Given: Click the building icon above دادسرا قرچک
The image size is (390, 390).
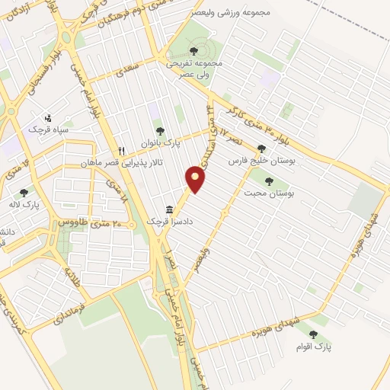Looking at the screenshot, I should pyautogui.click(x=170, y=209).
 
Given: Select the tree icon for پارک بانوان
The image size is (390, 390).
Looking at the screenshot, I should pyautogui.click(x=159, y=131).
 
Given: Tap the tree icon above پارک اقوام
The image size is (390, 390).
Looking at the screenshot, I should pyautogui.click(x=313, y=334).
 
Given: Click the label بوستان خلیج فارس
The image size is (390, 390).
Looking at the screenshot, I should pyautogui.click(x=263, y=161).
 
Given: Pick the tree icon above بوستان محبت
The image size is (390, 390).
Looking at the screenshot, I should pyautogui.click(x=268, y=181).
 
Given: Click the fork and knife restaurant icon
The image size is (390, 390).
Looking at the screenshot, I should pyautogui.click(x=120, y=151).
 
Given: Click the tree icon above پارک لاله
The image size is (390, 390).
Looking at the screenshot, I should pyautogui.click(x=24, y=193).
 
